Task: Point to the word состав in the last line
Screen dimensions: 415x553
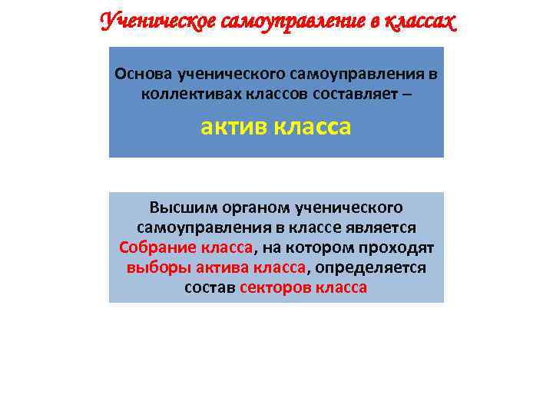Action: point(210,287)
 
